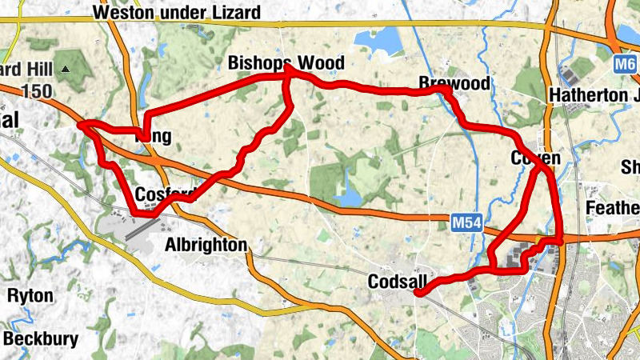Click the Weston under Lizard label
[176, 13]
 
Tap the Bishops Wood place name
[286, 63]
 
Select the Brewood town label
[454, 84]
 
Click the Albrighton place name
[206, 245]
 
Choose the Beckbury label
[42, 339]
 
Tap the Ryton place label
[30, 296]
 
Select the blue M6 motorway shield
[626, 62]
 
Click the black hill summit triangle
[66, 70]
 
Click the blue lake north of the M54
[350, 195]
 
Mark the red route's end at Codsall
[418, 294]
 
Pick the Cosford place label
[165, 194]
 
